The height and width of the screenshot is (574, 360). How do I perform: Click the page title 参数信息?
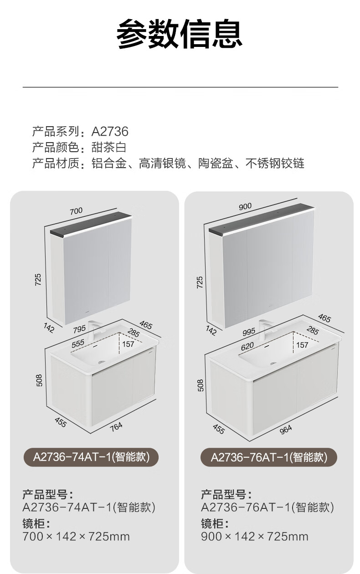tap(180, 34)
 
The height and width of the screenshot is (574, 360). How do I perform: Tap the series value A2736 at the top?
tap(110, 132)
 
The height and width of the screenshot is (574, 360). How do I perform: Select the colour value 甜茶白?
tap(109, 147)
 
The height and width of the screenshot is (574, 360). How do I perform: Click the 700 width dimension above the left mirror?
tap(76, 211)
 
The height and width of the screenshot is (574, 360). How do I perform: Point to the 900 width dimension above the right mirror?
tap(245, 206)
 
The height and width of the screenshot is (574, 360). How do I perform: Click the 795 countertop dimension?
tap(79, 329)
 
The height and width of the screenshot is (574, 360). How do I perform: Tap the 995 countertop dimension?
tap(249, 332)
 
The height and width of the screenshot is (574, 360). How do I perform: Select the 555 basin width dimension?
tap(78, 343)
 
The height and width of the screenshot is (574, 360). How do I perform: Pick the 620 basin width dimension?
tap(247, 346)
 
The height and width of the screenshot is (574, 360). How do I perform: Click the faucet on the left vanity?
tap(93, 331)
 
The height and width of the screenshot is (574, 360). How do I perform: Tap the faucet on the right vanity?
tap(263, 329)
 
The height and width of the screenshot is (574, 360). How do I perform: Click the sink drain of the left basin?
tap(102, 362)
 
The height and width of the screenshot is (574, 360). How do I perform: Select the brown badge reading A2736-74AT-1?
tap(91, 457)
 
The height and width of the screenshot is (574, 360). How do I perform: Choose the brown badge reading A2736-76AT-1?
tap(269, 457)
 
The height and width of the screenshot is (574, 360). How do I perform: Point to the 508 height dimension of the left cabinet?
tap(39, 380)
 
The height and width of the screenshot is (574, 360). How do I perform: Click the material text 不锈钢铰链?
tap(275, 164)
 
